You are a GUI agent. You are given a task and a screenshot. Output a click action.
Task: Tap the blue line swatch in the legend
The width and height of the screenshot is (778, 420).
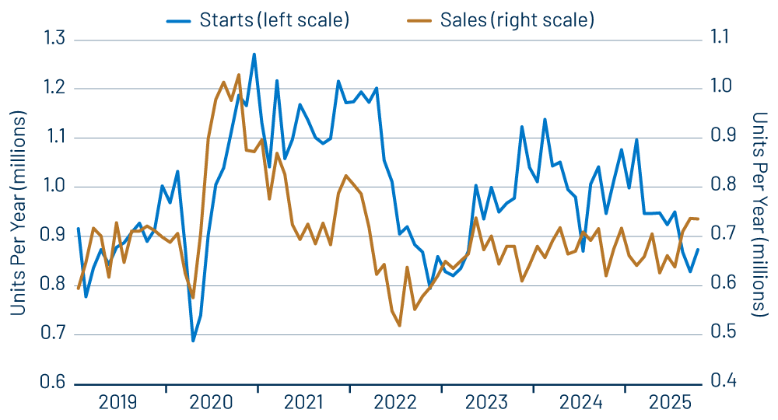click(183, 19)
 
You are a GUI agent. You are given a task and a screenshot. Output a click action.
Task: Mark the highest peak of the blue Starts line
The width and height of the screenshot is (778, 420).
click(254, 54)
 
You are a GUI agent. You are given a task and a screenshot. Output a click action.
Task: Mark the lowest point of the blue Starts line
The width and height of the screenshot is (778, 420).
click(193, 340)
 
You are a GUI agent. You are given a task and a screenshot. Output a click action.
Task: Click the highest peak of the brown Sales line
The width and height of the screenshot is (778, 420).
click(238, 75)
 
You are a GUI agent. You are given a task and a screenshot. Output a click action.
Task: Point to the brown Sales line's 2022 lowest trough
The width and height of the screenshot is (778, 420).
click(399, 325)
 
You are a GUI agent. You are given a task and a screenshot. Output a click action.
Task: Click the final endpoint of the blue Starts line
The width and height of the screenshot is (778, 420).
click(698, 249)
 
